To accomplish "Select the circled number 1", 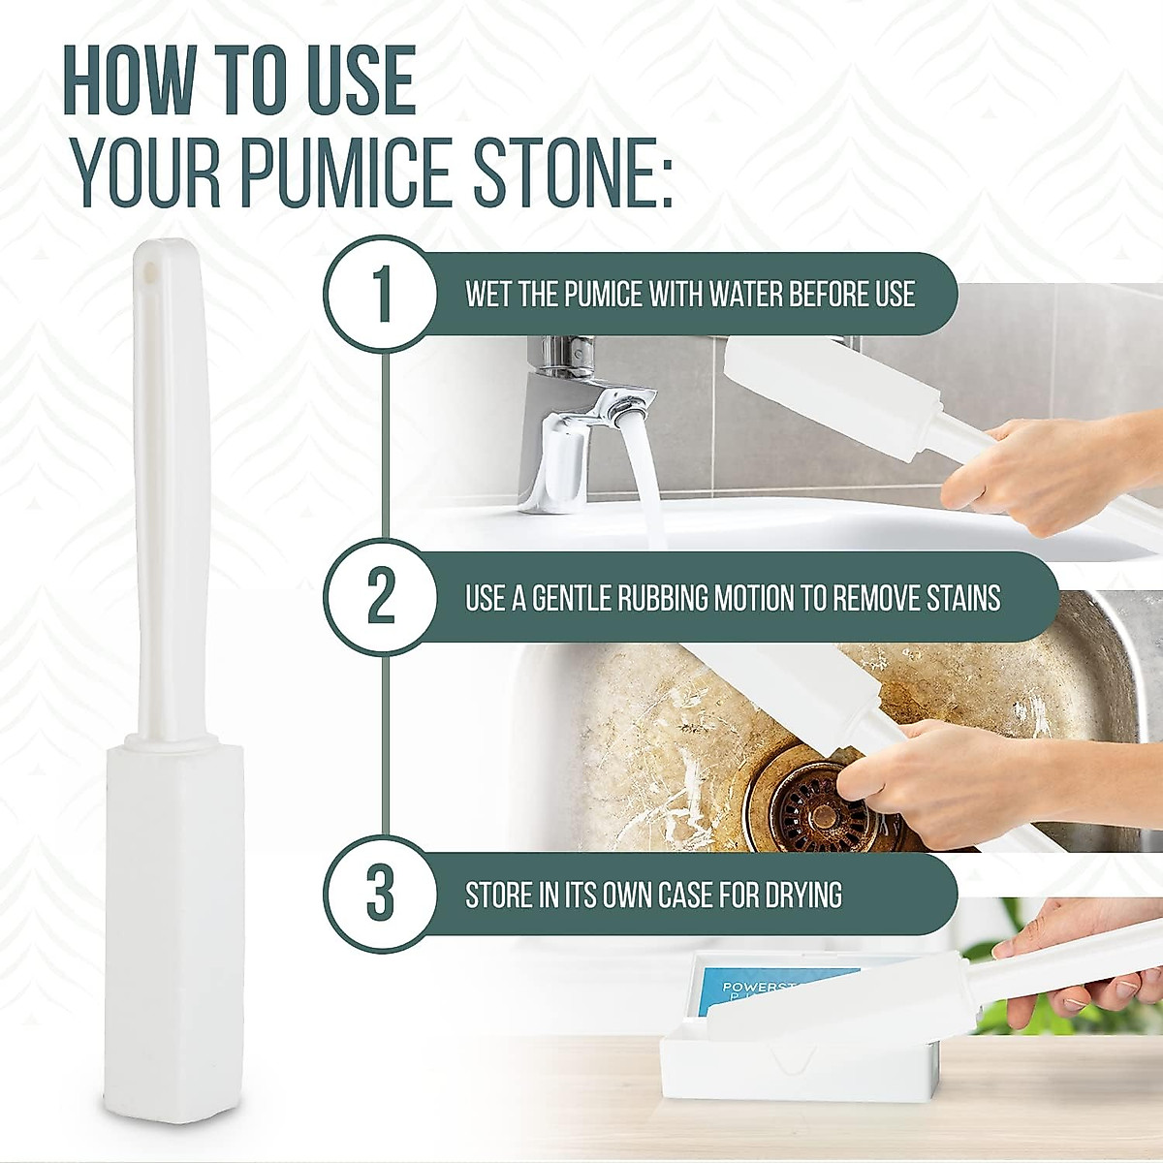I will pos(381,293).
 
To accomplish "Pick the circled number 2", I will pos(381,597).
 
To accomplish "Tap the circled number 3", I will pos(381,894).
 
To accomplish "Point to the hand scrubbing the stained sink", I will pos(930,775).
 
